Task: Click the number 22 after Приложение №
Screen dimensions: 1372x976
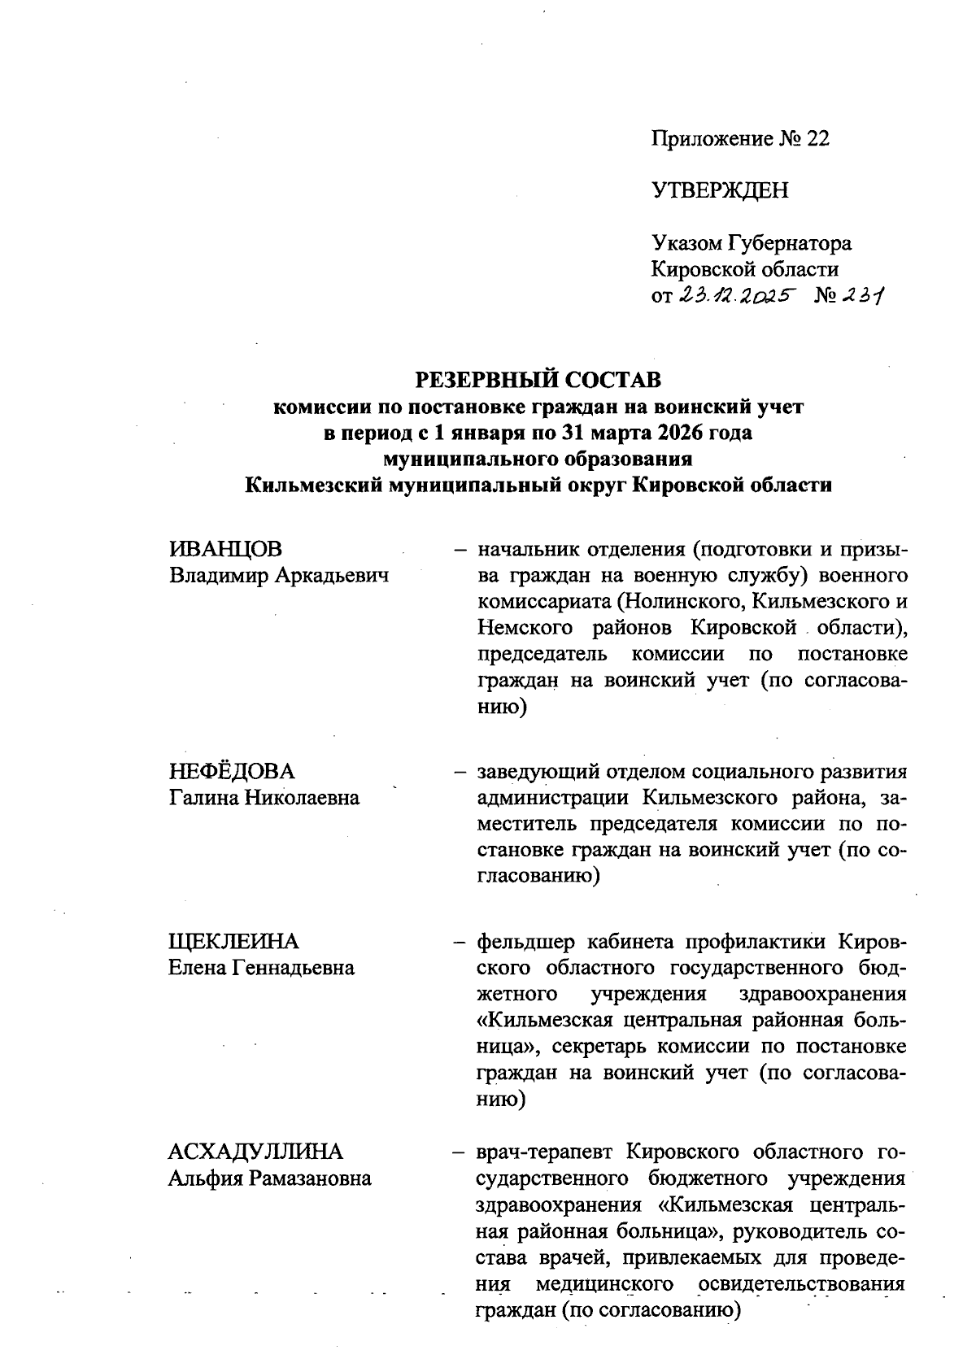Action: [x=817, y=139]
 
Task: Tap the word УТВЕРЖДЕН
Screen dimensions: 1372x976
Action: [x=720, y=191]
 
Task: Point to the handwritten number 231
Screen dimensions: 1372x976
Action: [x=863, y=296]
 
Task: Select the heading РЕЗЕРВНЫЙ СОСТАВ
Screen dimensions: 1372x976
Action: [x=538, y=380]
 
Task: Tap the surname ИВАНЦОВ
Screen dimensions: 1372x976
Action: [x=225, y=549]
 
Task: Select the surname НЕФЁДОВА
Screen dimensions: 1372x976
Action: [x=232, y=771]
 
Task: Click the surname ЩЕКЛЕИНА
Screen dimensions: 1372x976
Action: [x=233, y=942]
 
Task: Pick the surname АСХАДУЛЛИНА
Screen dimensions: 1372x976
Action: [x=255, y=1152]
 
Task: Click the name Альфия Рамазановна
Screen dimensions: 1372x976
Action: [x=269, y=1178]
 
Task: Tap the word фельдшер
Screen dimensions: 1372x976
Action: [x=525, y=942]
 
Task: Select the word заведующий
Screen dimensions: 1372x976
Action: [x=536, y=771]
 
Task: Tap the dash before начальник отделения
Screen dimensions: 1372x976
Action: [x=460, y=549]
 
